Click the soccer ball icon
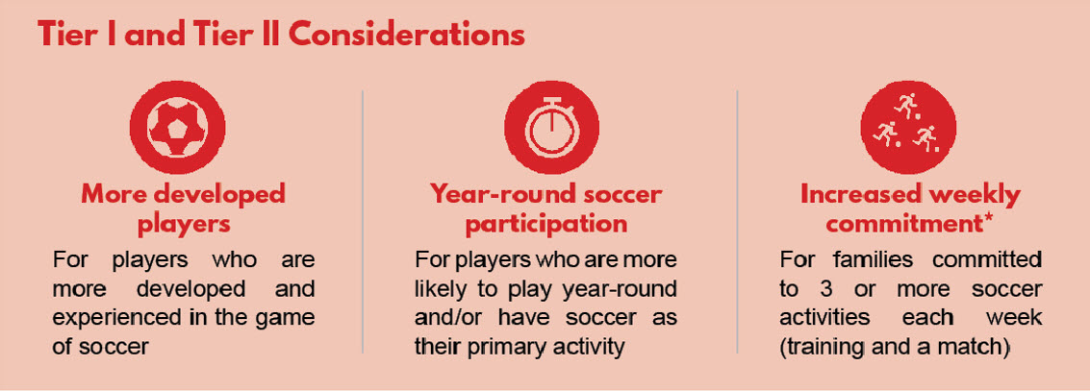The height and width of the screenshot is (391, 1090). (177, 127)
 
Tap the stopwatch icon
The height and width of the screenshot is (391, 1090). (551, 127)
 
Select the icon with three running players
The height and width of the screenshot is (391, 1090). (908, 127)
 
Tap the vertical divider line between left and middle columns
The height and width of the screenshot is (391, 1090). (363, 221)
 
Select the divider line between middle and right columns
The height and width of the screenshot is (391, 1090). (738, 221)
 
